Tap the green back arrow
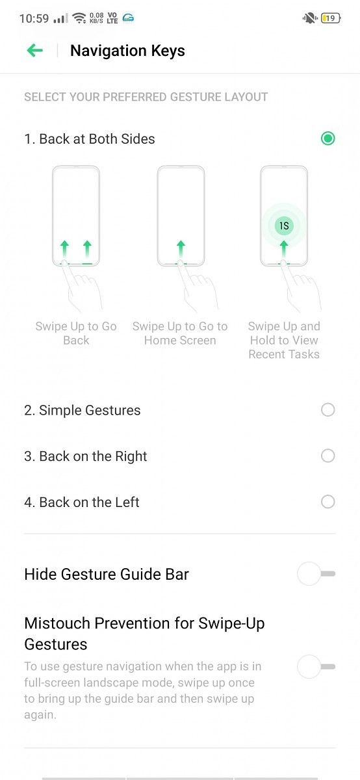click(x=35, y=51)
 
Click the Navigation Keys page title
click(x=127, y=51)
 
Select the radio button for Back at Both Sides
click(x=328, y=138)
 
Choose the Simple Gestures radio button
click(x=328, y=410)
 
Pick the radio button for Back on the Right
click(x=328, y=456)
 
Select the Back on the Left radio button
click(x=328, y=502)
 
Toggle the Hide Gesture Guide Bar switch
click(x=316, y=573)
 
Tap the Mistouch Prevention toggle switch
click(x=316, y=666)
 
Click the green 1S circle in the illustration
click(x=284, y=226)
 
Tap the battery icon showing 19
click(x=331, y=18)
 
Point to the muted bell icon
click(x=310, y=18)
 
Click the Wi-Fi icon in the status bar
click(x=79, y=18)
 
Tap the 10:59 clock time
click(x=34, y=18)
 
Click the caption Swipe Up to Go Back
click(x=76, y=333)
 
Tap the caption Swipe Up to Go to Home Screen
click(x=180, y=333)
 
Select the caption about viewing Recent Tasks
click(x=284, y=340)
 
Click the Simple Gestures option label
click(x=83, y=410)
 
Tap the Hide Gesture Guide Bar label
click(x=107, y=574)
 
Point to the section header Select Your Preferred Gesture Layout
click(x=146, y=97)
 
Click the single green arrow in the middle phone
click(x=181, y=248)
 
